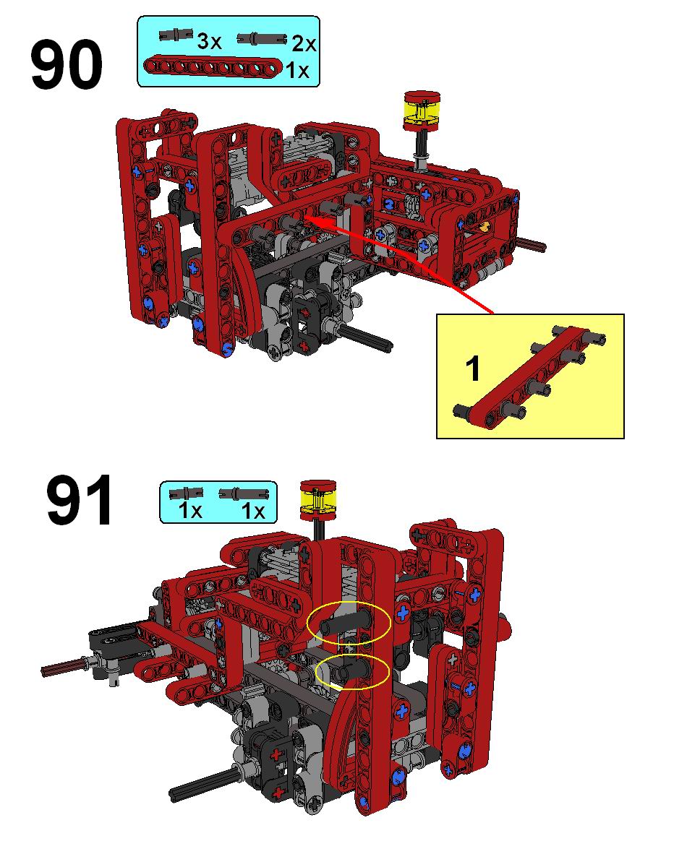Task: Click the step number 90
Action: (67, 64)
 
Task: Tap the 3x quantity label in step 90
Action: (210, 41)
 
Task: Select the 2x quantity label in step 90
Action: (304, 43)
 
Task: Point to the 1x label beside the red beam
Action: (297, 71)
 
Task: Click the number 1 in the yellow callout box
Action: (473, 368)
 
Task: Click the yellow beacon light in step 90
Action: (422, 111)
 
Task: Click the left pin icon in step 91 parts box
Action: (186, 493)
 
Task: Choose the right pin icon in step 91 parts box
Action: (244, 493)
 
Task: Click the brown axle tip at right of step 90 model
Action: (532, 244)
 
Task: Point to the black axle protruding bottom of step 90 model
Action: (366, 337)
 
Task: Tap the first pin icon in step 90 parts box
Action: (176, 35)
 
